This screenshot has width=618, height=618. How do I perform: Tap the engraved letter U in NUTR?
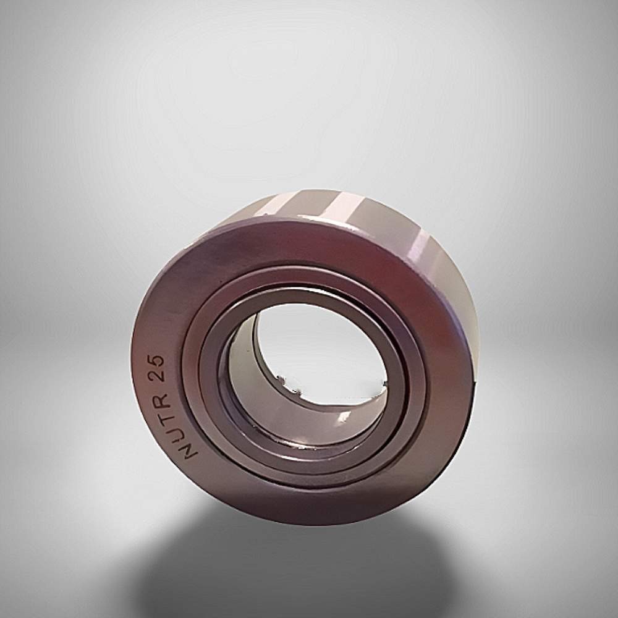[x=176, y=429]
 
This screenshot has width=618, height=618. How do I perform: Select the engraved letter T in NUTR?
[x=168, y=412]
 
